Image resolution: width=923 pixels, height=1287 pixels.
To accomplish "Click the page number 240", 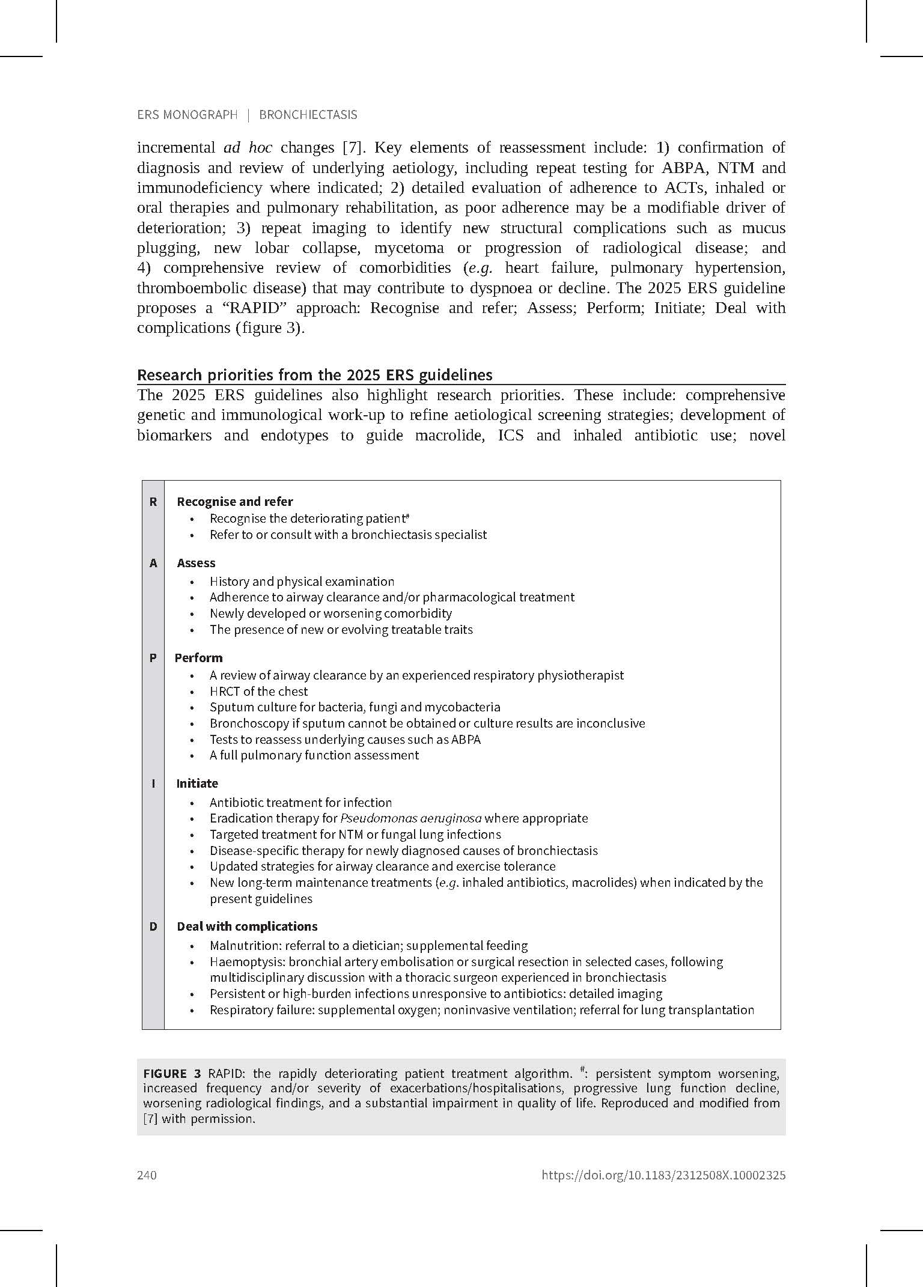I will (x=147, y=1175).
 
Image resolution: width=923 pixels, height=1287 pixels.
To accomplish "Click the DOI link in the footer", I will (x=663, y=1175).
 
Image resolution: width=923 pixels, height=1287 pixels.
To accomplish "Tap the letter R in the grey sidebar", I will (x=153, y=502).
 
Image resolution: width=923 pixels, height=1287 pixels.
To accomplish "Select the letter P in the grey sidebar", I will (x=153, y=658).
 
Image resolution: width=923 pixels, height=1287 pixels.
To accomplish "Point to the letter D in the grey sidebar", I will (x=153, y=926).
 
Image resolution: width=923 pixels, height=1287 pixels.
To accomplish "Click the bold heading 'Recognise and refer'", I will (x=235, y=502).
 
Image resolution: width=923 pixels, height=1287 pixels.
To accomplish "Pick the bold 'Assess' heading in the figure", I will (x=196, y=563).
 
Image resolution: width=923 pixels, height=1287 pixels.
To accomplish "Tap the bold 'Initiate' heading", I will (x=197, y=783).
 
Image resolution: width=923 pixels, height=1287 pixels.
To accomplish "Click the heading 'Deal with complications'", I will (x=247, y=926).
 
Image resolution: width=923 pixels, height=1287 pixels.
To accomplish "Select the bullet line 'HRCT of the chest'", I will (x=258, y=692).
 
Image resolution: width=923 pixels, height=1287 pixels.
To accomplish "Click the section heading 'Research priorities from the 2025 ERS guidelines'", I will (x=315, y=375).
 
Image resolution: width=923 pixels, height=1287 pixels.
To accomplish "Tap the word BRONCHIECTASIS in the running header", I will (x=308, y=115).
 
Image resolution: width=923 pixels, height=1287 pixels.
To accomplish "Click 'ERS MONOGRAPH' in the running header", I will (x=187, y=115).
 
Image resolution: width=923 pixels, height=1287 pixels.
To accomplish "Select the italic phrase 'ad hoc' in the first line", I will (x=248, y=148).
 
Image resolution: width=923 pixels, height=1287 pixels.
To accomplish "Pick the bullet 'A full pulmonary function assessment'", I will (x=314, y=755).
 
